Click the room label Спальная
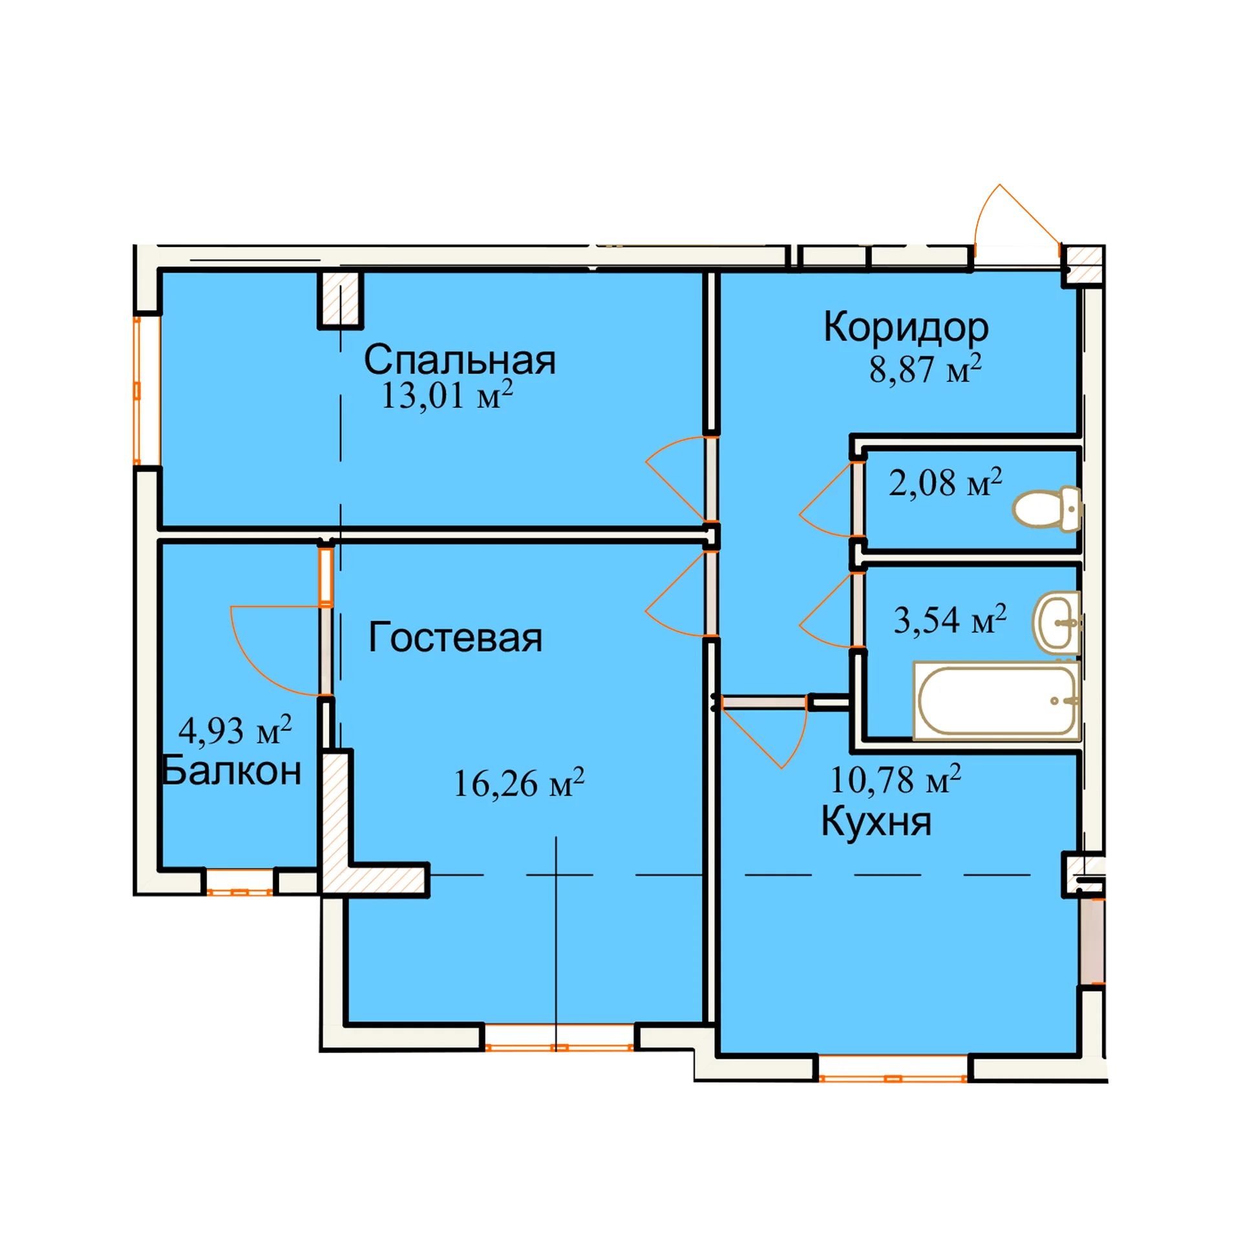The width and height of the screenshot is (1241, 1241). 459,360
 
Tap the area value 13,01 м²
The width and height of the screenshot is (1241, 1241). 447,395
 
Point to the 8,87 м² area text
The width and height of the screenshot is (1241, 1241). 925,368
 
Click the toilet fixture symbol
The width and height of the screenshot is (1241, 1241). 1046,509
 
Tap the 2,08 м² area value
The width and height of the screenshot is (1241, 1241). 945,482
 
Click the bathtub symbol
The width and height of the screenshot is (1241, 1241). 996,701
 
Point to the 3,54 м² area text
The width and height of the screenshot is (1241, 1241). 949,619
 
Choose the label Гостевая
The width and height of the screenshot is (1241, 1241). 455,637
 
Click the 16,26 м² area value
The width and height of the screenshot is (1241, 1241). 518,783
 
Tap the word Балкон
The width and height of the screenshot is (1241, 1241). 231,771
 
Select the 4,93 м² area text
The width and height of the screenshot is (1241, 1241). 235,730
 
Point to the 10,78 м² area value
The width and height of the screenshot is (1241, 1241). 895,779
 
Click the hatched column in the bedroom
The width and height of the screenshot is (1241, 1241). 341,299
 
